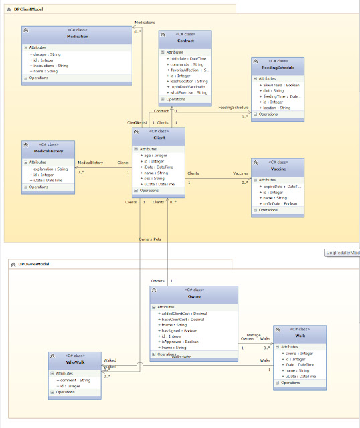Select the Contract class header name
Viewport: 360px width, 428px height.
click(185, 41)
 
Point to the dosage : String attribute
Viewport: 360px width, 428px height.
click(46, 53)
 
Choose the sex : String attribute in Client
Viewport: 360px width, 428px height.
click(153, 178)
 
